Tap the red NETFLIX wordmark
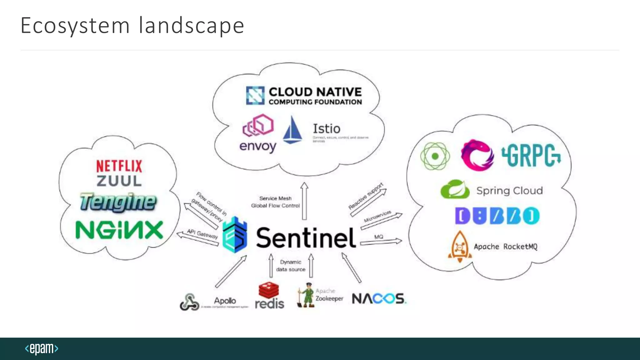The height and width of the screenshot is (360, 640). [x=119, y=166]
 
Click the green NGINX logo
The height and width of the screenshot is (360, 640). [x=119, y=230]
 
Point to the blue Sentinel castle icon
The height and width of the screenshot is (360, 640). [x=235, y=235]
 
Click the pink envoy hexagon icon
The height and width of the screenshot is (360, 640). [x=258, y=126]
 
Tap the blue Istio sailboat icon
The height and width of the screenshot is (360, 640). [x=292, y=130]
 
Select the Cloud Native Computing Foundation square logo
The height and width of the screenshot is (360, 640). [x=255, y=96]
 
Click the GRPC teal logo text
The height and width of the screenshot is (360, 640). [x=531, y=155]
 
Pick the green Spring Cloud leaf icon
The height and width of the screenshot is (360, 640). [x=455, y=189]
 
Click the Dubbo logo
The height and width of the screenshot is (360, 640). [x=497, y=216]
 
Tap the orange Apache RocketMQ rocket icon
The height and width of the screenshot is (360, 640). [x=460, y=247]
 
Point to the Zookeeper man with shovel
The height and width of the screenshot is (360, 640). [x=306, y=295]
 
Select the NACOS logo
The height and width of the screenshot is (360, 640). [x=379, y=299]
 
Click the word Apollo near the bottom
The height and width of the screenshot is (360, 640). [x=225, y=301]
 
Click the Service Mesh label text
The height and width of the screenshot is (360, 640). [x=275, y=198]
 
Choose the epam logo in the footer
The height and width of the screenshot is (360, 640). [x=42, y=348]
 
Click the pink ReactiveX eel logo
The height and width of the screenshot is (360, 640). [x=477, y=155]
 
